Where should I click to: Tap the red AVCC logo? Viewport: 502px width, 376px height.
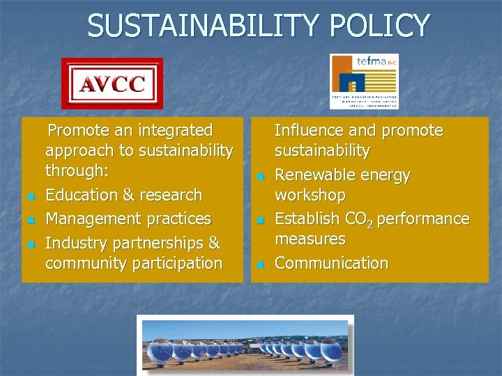[x=112, y=84]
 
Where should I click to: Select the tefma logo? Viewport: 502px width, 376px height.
[x=364, y=81]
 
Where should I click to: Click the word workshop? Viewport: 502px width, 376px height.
[x=310, y=195]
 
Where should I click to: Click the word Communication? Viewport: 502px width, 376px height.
[x=331, y=263]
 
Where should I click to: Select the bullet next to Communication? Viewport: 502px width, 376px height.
[x=260, y=265]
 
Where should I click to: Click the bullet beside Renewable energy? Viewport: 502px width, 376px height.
[x=260, y=177]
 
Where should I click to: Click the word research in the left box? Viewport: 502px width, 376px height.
[x=176, y=196]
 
